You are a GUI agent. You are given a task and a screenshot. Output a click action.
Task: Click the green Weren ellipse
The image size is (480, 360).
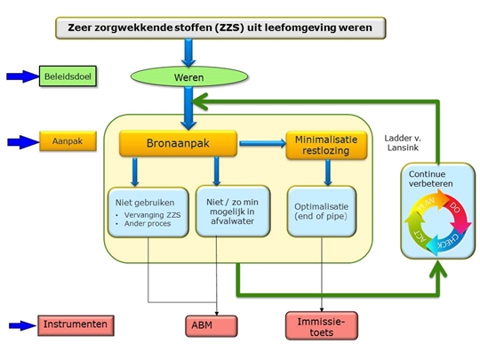tap(189, 76)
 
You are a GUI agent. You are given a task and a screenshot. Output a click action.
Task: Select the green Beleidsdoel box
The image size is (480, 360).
tap(68, 76)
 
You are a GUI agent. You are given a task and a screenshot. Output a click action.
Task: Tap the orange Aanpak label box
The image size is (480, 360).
tap(68, 141)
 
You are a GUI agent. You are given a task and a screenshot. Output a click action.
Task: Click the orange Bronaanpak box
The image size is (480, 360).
tap(178, 143)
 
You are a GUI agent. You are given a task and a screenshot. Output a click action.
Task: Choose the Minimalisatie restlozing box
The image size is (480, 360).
tap(326, 145)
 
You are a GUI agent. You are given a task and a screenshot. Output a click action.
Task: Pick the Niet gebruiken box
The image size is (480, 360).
tap(148, 212)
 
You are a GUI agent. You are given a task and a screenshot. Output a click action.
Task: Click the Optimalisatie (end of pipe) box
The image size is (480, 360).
tap(322, 212)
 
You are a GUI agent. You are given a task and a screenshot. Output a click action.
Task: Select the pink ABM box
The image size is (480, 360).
tap(212, 326)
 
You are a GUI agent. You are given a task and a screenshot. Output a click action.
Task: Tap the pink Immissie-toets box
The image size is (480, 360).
tap(322, 325)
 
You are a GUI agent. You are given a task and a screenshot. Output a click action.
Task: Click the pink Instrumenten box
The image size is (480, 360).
tap(76, 325)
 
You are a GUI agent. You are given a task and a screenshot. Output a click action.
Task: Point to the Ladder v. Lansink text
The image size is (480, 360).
tap(403, 143)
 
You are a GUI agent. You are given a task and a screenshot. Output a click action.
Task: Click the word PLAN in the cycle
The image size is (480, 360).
tap(427, 204)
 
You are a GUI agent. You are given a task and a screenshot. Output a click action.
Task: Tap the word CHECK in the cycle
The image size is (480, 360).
tap(449, 242)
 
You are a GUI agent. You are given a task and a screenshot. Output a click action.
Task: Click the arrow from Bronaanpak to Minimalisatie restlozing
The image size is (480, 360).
tap(262, 143)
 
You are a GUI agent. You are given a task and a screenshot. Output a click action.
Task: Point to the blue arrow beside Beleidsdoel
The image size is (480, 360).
tap(23, 76)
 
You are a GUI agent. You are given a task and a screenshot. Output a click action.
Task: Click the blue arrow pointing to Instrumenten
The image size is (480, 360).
tap(22, 325)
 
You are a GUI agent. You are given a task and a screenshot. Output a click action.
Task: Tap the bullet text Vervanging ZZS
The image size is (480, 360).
tap(152, 215)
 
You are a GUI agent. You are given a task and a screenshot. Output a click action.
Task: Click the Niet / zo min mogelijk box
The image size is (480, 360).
tap(233, 212)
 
